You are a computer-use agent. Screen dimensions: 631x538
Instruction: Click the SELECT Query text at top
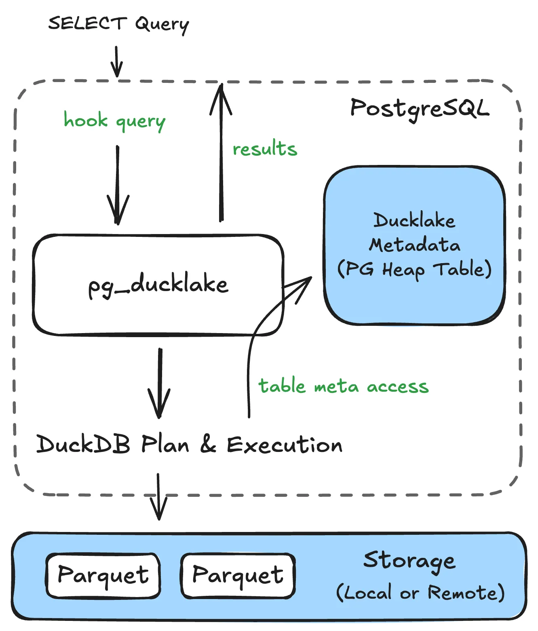point(118,23)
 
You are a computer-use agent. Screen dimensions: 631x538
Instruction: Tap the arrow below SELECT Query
point(116,61)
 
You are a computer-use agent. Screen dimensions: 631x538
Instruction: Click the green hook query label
point(114,121)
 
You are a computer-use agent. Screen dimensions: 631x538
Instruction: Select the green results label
point(265,149)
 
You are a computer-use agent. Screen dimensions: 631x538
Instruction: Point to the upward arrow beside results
point(221,154)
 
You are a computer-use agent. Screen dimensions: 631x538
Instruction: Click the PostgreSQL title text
point(420,108)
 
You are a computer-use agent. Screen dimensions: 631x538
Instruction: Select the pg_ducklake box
point(158,285)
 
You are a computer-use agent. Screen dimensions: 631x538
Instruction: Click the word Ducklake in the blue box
point(414,221)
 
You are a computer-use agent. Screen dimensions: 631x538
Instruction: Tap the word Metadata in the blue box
point(414,245)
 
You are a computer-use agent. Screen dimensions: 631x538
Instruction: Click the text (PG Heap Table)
point(414,269)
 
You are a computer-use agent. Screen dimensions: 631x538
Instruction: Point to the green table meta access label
point(343,386)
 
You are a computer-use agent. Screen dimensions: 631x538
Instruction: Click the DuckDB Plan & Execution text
point(189,444)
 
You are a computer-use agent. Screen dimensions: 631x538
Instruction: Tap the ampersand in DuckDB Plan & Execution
point(208,444)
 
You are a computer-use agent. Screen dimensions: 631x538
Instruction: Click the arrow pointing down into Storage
point(158,497)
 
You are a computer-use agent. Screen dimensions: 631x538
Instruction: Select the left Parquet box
point(103,576)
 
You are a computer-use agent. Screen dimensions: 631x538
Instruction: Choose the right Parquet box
point(238,576)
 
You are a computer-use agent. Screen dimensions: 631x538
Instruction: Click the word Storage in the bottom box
point(409,561)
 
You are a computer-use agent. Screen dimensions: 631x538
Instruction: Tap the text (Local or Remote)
point(420,593)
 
